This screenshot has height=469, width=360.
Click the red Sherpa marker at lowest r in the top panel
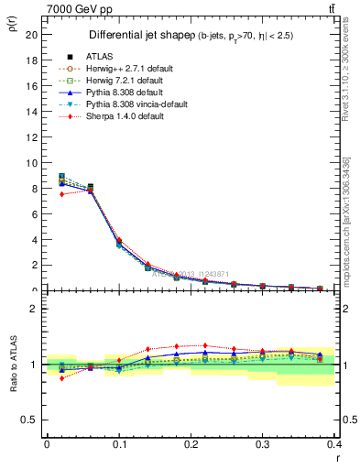click(x=61, y=194)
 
